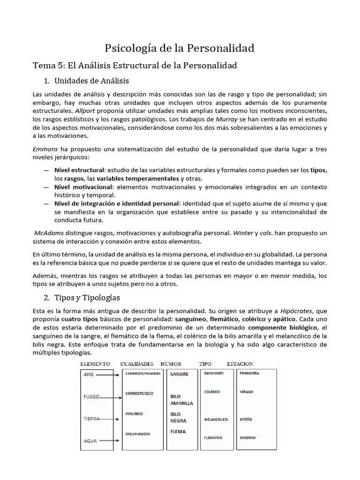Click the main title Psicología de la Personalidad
[x=180, y=48]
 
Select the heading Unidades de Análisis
[x=91, y=81]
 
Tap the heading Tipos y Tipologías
[x=87, y=298]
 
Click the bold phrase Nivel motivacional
[x=83, y=187]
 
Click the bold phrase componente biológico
[x=283, y=327]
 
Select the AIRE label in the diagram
[x=89, y=375]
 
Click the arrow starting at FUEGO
[x=111, y=397]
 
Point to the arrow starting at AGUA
[x=110, y=441]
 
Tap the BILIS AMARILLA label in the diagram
[x=181, y=399]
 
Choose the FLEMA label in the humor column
[x=178, y=431]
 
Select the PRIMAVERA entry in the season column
[x=249, y=374]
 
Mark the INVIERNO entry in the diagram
[x=247, y=437]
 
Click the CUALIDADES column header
[x=137, y=364]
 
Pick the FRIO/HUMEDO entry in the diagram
[x=138, y=434]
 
